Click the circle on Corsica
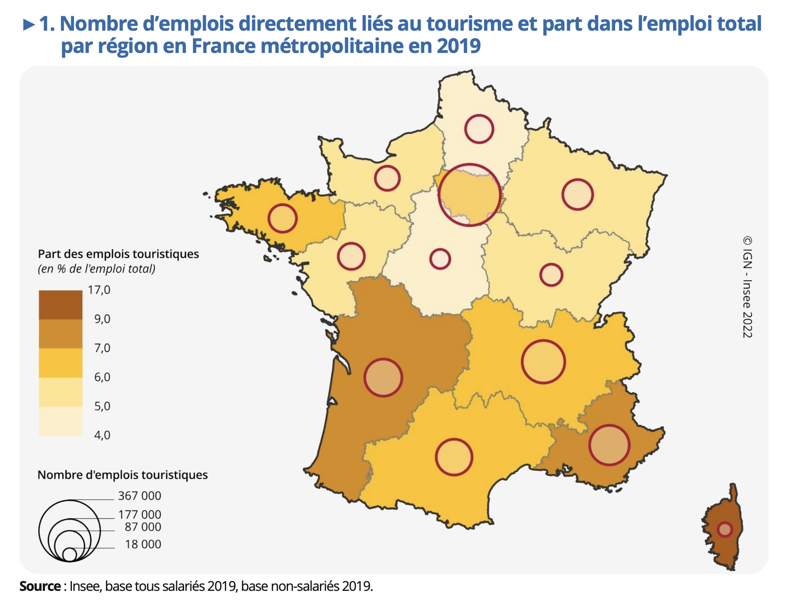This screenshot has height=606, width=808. (x=725, y=529)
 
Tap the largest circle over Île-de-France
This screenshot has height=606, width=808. (x=470, y=195)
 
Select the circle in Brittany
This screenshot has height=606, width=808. (x=283, y=219)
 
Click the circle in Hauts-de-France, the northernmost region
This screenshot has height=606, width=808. (x=479, y=129)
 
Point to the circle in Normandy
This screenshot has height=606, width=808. (x=387, y=178)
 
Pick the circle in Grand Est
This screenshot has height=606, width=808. (x=578, y=195)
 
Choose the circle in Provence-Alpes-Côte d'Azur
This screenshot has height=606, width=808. (x=609, y=445)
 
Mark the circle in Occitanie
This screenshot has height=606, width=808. (x=454, y=457)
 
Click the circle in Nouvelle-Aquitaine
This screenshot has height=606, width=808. (x=383, y=378)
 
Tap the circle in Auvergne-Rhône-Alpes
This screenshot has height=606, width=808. (x=543, y=362)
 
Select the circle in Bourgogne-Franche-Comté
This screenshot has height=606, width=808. (x=551, y=275)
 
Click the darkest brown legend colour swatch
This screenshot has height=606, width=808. (x=61, y=305)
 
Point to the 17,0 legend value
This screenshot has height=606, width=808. (x=99, y=290)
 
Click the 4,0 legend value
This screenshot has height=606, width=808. (x=102, y=435)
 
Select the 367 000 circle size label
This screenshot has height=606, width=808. (x=140, y=496)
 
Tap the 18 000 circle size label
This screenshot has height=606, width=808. (x=143, y=544)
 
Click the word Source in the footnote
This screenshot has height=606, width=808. (x=40, y=586)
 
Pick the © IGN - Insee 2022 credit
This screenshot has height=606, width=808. (x=747, y=287)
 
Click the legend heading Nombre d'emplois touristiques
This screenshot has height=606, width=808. (x=123, y=475)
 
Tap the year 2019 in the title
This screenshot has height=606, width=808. (x=459, y=46)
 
